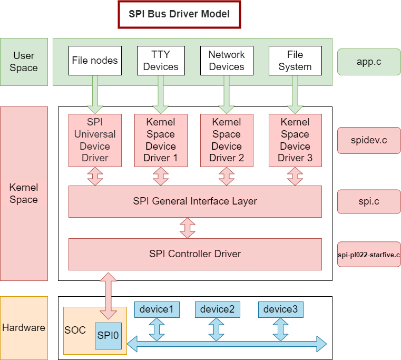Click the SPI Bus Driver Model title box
[x=179, y=14]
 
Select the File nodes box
[x=95, y=61]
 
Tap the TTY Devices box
[x=161, y=61]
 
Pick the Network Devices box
[x=227, y=61]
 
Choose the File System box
[x=295, y=61]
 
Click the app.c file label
[x=369, y=62]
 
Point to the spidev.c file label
[x=369, y=140]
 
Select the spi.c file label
[x=369, y=201]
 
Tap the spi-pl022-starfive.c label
[x=369, y=255]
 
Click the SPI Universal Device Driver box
[x=95, y=141]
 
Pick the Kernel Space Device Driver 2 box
[x=227, y=141]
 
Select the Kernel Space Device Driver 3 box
[x=295, y=141]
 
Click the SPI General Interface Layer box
[x=195, y=202]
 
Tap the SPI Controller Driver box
[x=195, y=255]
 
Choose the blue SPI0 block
[x=108, y=336]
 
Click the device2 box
[x=218, y=309]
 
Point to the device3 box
[x=280, y=309]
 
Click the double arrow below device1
[x=157, y=329]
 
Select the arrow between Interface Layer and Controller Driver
[x=188, y=228]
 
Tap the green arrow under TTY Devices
[x=161, y=94]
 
